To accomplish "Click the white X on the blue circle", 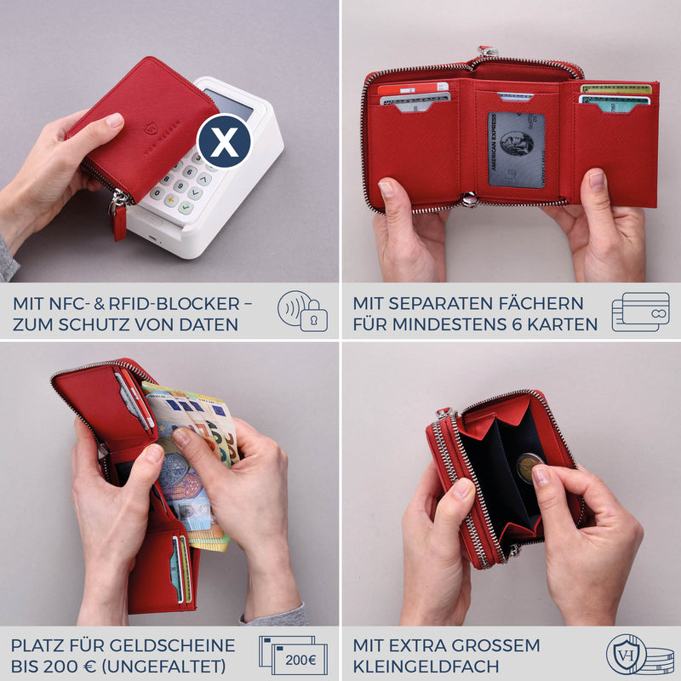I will tap(224, 141).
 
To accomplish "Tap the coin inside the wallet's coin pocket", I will tap(529, 467).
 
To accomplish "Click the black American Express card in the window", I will tap(516, 151).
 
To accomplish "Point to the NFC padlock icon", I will tap(302, 312).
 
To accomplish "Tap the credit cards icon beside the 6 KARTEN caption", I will tap(640, 312).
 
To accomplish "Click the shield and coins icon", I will tap(639, 655).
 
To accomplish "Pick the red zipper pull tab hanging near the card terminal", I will tap(119, 222).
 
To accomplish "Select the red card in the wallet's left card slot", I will tap(413, 88).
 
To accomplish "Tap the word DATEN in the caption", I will tap(208, 324).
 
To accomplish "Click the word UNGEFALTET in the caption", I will tap(161, 666).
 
